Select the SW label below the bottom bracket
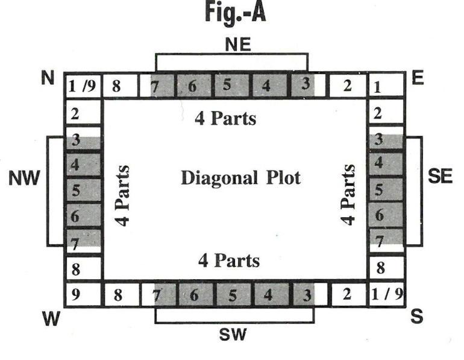[233, 335]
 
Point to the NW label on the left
[24, 179]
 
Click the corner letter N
[48, 78]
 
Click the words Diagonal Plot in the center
[240, 178]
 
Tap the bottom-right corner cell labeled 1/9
[386, 295]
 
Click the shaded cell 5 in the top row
[227, 85]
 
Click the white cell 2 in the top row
[346, 86]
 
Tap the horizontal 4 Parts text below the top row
[225, 119]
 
